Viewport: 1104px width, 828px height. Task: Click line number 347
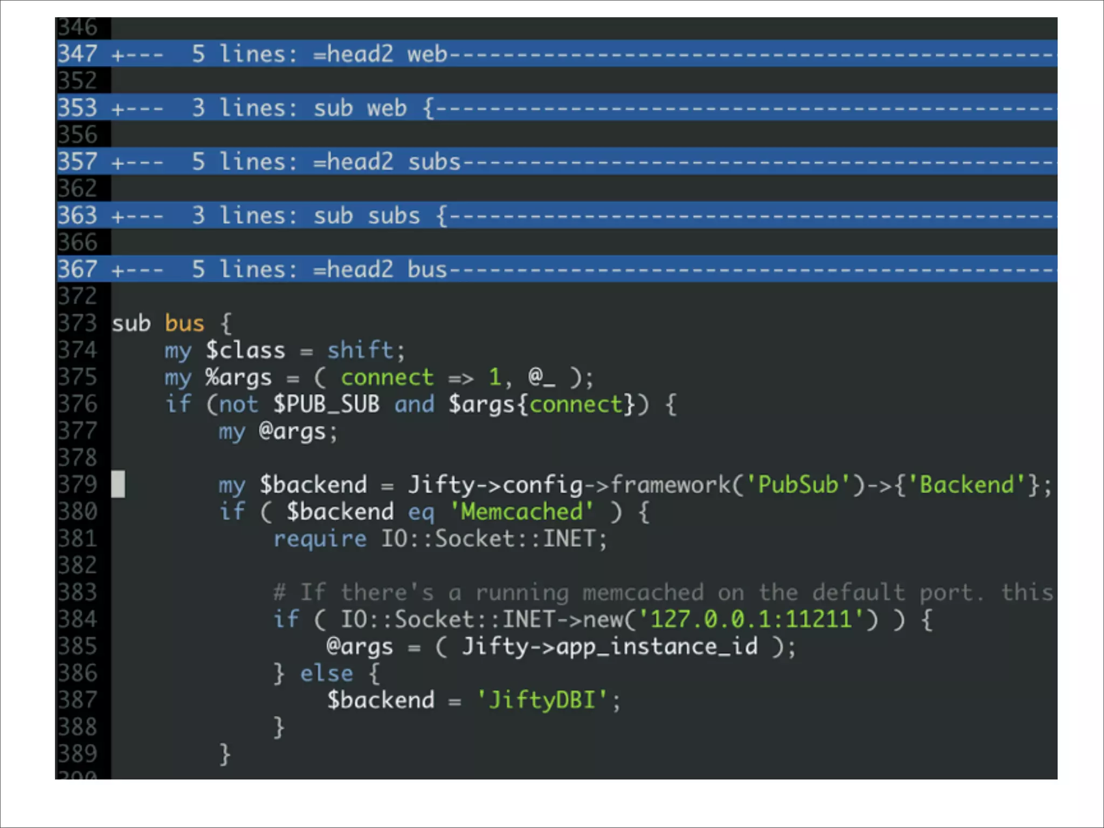[x=78, y=54]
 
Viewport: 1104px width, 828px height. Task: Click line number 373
[x=78, y=323]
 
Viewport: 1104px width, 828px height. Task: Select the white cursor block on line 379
[x=118, y=484]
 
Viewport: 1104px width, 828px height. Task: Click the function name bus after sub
[x=184, y=323]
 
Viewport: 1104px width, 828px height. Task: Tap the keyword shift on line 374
[x=361, y=350]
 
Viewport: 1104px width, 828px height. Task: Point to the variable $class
[x=245, y=350]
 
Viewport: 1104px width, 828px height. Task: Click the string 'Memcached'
[x=521, y=512]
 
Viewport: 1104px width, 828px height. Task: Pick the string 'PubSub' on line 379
[x=798, y=485]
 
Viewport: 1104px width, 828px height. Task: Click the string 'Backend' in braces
[x=966, y=485]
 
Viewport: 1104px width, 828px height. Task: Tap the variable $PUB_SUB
[x=326, y=404]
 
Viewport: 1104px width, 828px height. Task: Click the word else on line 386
[x=326, y=673]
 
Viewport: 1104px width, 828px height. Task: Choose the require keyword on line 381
[x=320, y=539]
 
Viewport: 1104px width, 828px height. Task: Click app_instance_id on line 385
[x=657, y=646]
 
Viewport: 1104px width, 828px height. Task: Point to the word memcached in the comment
[x=643, y=592]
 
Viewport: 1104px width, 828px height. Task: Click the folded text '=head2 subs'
[x=387, y=162]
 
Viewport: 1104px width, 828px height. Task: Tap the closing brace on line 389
[x=225, y=754]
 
